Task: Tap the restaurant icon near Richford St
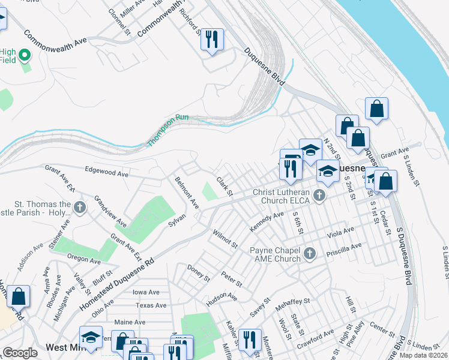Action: tap(212, 40)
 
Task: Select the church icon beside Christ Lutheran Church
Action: tap(320, 194)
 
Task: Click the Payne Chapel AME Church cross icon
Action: tap(309, 253)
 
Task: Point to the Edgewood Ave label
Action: tap(107, 173)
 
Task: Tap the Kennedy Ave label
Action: tap(267, 222)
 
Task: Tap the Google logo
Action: tap(20, 353)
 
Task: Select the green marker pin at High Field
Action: tap(25, 56)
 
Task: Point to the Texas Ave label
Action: tap(151, 305)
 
